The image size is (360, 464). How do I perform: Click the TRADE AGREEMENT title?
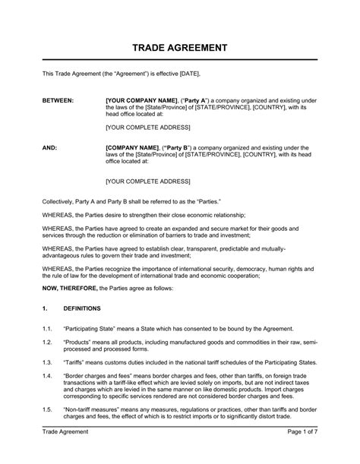tap(180, 48)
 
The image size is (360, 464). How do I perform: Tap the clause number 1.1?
tap(48, 327)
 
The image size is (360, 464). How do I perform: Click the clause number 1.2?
tap(48, 342)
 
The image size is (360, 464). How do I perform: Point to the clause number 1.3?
tap(48, 362)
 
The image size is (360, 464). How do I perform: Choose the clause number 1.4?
tap(48, 377)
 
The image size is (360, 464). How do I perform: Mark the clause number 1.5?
tap(48, 409)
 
